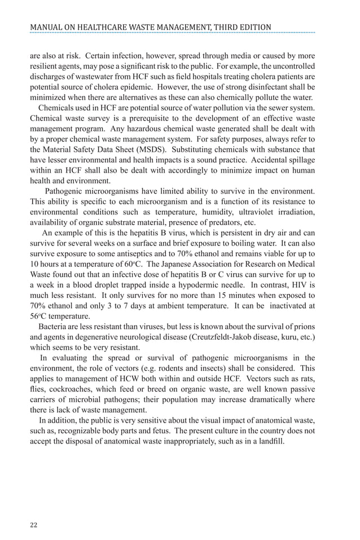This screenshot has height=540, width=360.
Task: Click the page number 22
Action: coord(33,525)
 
